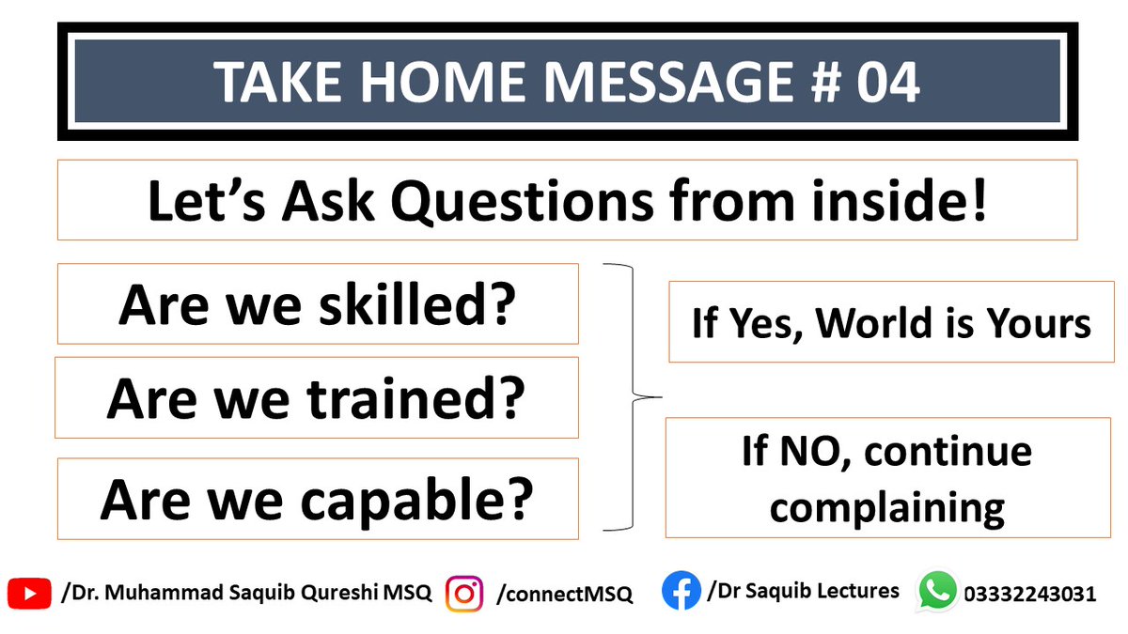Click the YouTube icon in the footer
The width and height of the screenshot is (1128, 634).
click(29, 593)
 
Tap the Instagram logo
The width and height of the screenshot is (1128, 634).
click(463, 594)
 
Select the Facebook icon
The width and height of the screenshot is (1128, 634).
click(681, 592)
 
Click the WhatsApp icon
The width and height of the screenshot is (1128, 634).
click(937, 592)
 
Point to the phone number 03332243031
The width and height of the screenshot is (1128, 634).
click(1029, 594)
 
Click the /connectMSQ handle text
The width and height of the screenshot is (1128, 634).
click(564, 594)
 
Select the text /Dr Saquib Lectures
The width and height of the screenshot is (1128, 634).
click(803, 591)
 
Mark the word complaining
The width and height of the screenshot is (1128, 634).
click(886, 507)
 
